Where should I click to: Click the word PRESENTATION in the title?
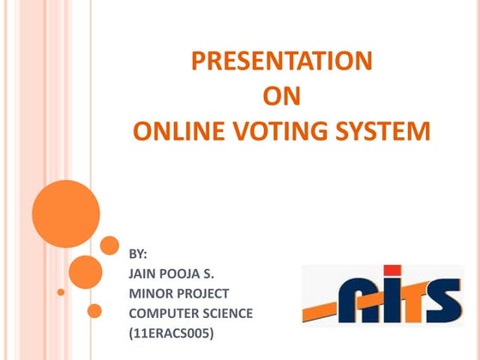click(x=281, y=61)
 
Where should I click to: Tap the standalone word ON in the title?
click(x=281, y=97)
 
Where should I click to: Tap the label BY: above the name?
click(x=138, y=255)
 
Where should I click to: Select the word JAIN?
click(x=143, y=274)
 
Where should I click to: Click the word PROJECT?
click(x=204, y=294)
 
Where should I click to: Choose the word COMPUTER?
click(x=163, y=314)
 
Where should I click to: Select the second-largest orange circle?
click(x=86, y=272)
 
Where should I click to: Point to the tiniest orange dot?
click(x=61, y=292)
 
